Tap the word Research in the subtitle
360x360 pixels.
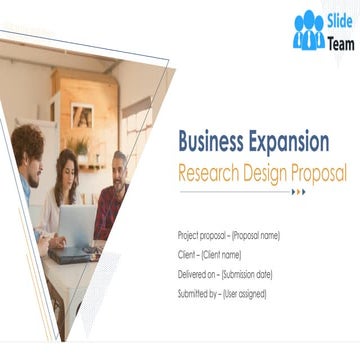tap(210, 171)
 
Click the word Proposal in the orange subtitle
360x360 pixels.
tap(319, 171)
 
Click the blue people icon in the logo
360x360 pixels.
tap(308, 31)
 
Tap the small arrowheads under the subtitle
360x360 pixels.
tap(300, 191)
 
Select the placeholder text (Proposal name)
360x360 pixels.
tap(256, 235)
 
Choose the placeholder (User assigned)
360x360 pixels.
tap(244, 293)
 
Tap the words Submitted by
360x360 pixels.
tap(196, 293)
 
